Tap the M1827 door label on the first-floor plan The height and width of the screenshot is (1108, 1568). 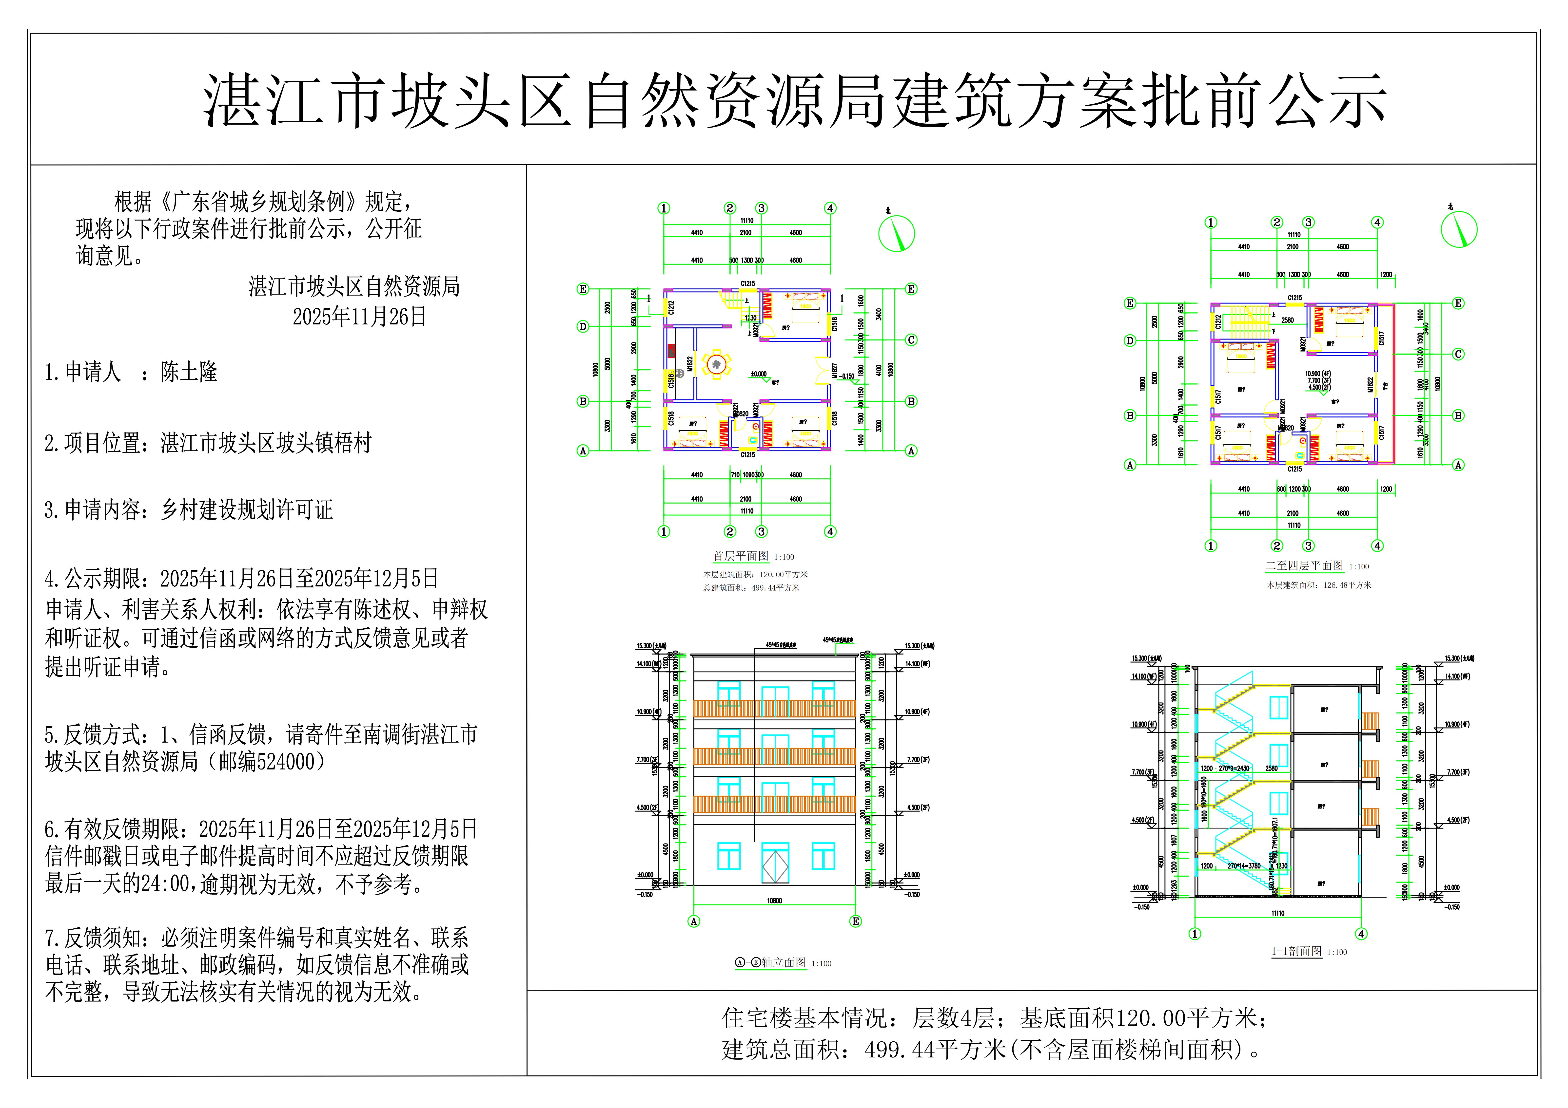[835, 371]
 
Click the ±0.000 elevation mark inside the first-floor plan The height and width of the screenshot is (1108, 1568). [758, 374]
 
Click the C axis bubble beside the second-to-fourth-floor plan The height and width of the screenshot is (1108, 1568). [1458, 354]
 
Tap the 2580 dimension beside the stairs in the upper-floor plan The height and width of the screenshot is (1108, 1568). [1287, 320]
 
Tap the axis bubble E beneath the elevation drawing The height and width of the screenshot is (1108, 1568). [856, 922]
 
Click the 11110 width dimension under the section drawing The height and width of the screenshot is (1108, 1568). [1278, 913]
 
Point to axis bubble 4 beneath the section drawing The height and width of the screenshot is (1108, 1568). [1361, 934]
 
